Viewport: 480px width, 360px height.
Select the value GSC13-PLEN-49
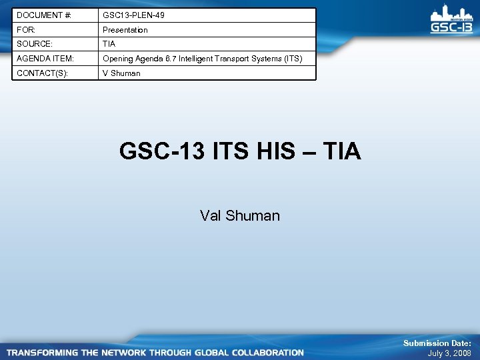point(133,15)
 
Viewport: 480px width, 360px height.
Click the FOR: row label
point(26,30)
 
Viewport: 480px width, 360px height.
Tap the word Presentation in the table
point(125,30)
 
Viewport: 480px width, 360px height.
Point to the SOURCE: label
point(33,44)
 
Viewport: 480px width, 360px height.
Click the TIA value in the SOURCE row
point(109,44)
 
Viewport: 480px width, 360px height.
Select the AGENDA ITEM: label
point(45,59)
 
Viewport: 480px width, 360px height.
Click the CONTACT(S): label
point(42,73)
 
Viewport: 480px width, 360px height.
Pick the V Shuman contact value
point(121,73)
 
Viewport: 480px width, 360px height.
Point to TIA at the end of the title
point(341,151)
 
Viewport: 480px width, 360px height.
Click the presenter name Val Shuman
point(240,215)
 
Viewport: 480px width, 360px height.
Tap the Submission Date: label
point(437,343)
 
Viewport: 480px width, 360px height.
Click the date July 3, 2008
point(449,353)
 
